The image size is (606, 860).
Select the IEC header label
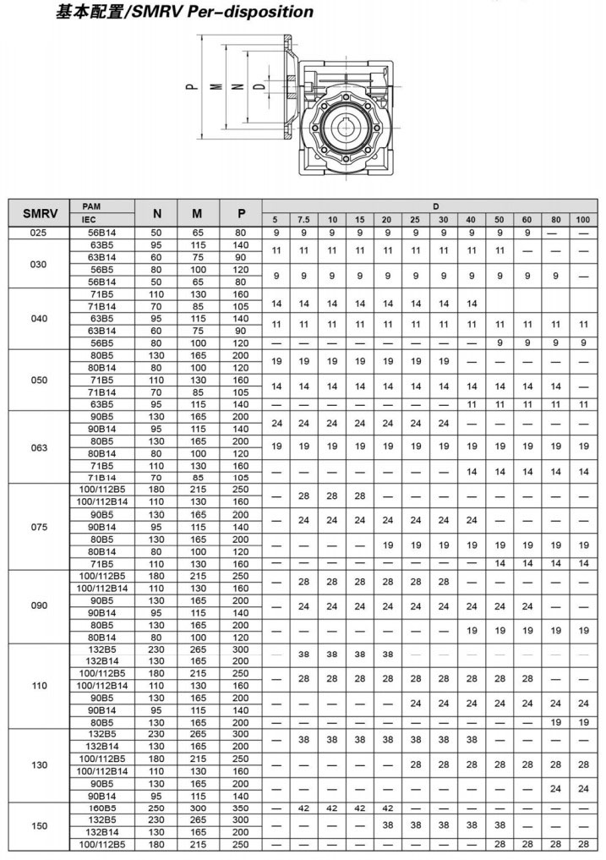[90, 219]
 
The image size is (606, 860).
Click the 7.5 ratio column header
[303, 219]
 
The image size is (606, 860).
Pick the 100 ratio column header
[582, 219]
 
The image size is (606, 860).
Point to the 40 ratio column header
[471, 219]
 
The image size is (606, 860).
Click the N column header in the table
[156, 213]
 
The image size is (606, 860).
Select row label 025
[40, 232]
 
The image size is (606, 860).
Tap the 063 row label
[40, 447]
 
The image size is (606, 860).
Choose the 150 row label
[40, 825]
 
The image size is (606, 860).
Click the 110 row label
[40, 686]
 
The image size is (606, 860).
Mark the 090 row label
[40, 606]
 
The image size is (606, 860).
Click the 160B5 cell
[101, 808]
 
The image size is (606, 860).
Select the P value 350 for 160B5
[242, 808]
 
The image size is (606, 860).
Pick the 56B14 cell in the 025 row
[101, 232]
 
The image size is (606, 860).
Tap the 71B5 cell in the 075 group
[101, 563]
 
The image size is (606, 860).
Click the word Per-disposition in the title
[262, 12]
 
